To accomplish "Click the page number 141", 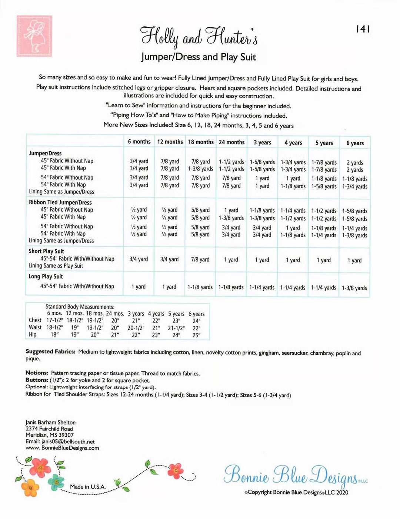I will [x=363, y=29].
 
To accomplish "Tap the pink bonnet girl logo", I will [x=34, y=36].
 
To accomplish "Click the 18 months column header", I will [x=201, y=142].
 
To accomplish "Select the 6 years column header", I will [x=355, y=143].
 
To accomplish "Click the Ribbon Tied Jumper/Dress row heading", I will [x=60, y=202].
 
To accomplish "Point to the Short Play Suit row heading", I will [x=46, y=251].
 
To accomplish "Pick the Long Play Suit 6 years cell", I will [x=354, y=288].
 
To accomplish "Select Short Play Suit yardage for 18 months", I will [x=200, y=259].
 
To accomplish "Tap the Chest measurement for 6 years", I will [x=196, y=321].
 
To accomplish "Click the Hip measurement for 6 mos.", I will [x=55, y=335].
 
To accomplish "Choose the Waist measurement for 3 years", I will [x=136, y=328].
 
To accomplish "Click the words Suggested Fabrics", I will [x=50, y=352].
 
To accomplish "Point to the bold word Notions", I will [x=37, y=373].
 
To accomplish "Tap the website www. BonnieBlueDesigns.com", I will [x=62, y=448].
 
